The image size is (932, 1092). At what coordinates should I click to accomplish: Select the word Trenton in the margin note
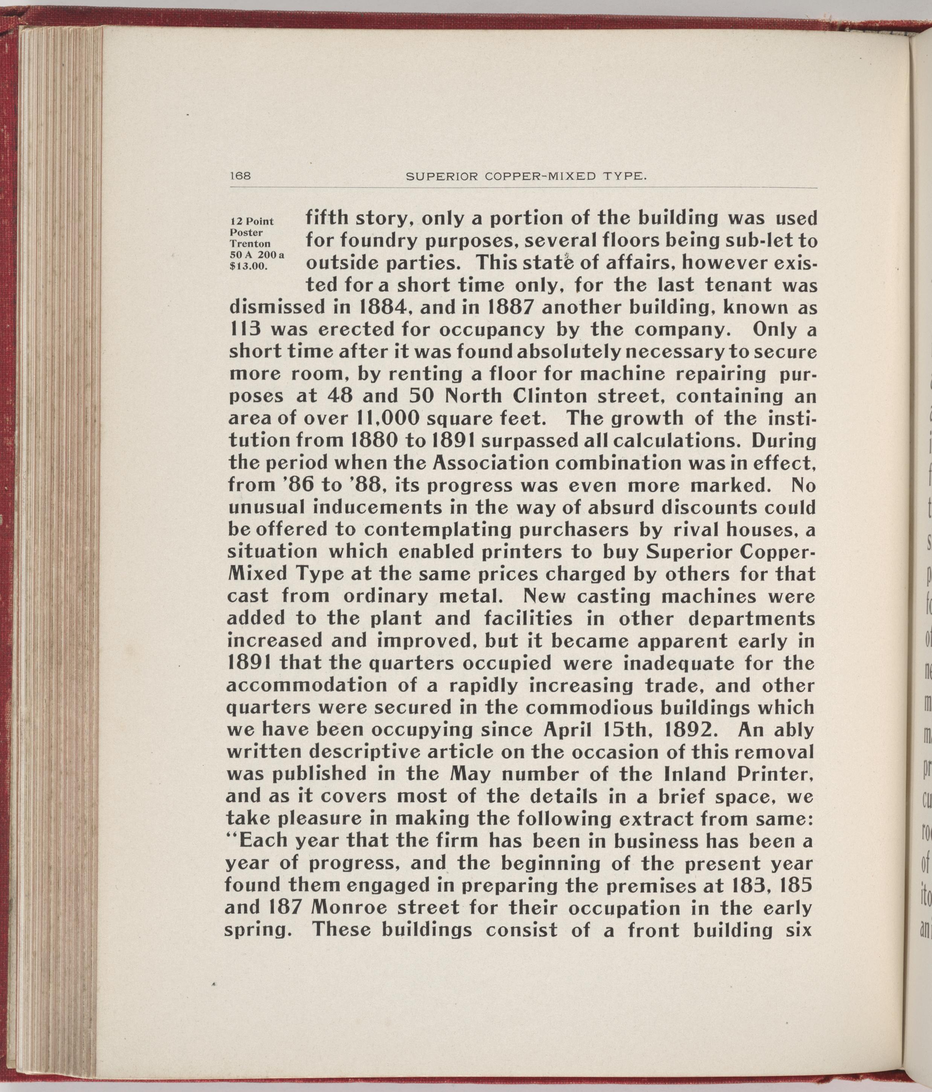(250, 244)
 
